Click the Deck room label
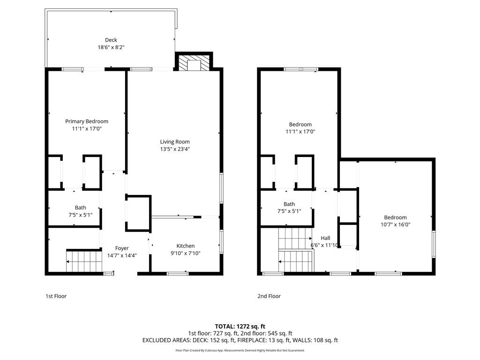111,40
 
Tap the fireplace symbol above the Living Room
194,64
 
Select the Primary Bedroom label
87,121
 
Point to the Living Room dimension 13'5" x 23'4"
175,149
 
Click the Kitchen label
185,246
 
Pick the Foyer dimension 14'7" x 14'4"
122,255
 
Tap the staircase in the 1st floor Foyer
84,261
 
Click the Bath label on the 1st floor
81,208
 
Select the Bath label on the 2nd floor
289,204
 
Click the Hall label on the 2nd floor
325,238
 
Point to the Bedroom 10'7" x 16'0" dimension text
395,225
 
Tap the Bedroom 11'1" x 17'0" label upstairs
300,125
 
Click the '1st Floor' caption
56,296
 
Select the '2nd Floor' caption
269,296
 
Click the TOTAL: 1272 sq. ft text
240,326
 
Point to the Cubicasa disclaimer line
240,350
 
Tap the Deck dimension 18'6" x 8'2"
111,47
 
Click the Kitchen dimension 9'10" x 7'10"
185,253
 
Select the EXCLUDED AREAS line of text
240,340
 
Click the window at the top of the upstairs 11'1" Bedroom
300,69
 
